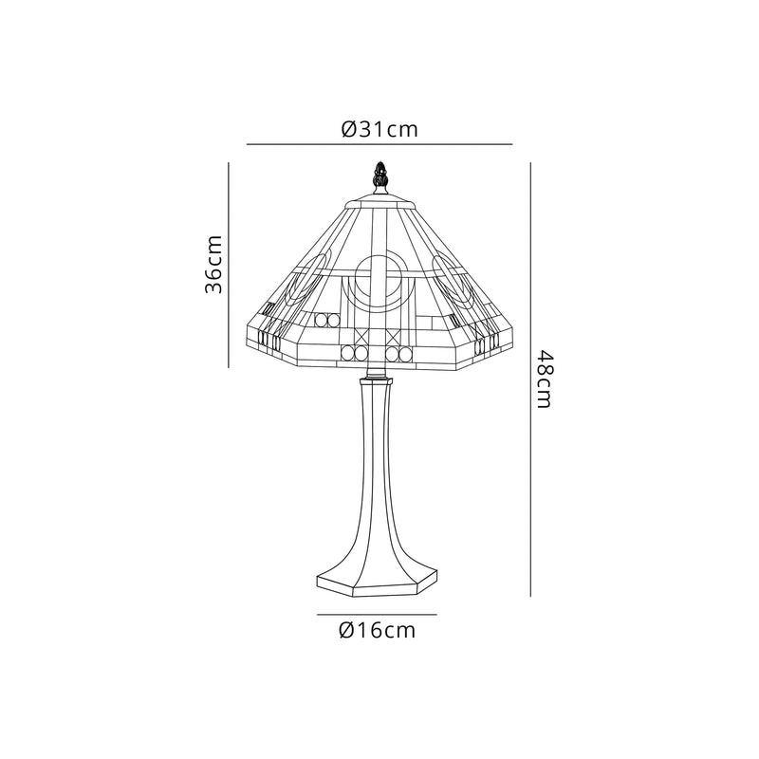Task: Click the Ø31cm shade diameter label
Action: [379, 129]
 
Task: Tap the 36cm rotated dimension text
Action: [215, 265]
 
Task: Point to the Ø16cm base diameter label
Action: [377, 631]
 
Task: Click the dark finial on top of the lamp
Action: [379, 177]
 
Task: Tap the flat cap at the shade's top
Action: [379, 202]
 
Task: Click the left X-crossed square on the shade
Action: [363, 336]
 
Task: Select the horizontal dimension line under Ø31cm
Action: [379, 144]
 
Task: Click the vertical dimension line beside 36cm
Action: [231, 265]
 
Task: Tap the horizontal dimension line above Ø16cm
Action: [377, 615]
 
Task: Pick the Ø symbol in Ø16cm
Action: [346, 631]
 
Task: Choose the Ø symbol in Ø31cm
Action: [349, 129]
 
